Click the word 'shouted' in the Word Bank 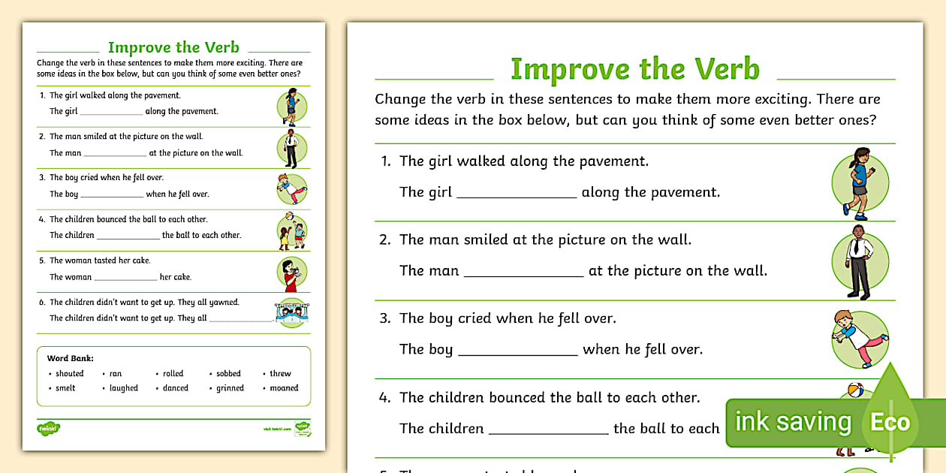[x=69, y=373]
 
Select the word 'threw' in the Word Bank [x=280, y=373]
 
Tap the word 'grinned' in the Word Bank [x=230, y=388]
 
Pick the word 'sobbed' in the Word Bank [x=228, y=373]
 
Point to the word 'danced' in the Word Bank [x=176, y=388]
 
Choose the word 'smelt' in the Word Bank [x=65, y=388]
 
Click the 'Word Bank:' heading [x=70, y=358]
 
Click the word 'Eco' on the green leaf [x=890, y=422]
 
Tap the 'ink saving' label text [x=793, y=422]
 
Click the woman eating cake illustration [x=291, y=274]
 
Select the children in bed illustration [x=292, y=314]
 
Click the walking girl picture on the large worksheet [x=859, y=182]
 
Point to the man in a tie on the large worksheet [x=859, y=261]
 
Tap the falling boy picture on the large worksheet [x=860, y=339]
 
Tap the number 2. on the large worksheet [x=385, y=240]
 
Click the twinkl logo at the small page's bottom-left [x=48, y=428]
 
